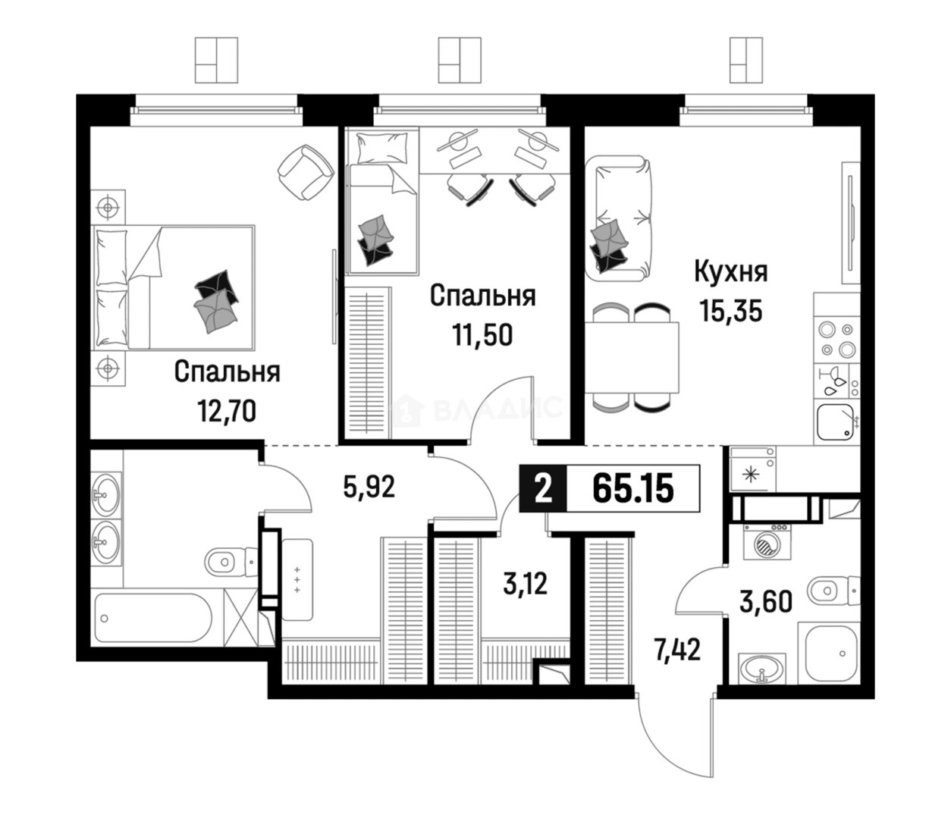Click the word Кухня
pos(730,273)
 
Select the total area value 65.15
pos(632,488)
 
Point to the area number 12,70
pos(226,411)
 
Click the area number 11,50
pos(482,334)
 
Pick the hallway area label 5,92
pos(369,487)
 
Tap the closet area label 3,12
pos(526,584)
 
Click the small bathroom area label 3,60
pos(766,602)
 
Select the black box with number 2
pos(543,488)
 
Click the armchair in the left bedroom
pos(306,172)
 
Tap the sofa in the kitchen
pos(619,218)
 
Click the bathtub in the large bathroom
pos(154,617)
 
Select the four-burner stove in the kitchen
pos(837,340)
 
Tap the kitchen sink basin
pos(835,422)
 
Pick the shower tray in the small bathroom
pos(828,653)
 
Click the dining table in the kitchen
pos(632,358)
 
